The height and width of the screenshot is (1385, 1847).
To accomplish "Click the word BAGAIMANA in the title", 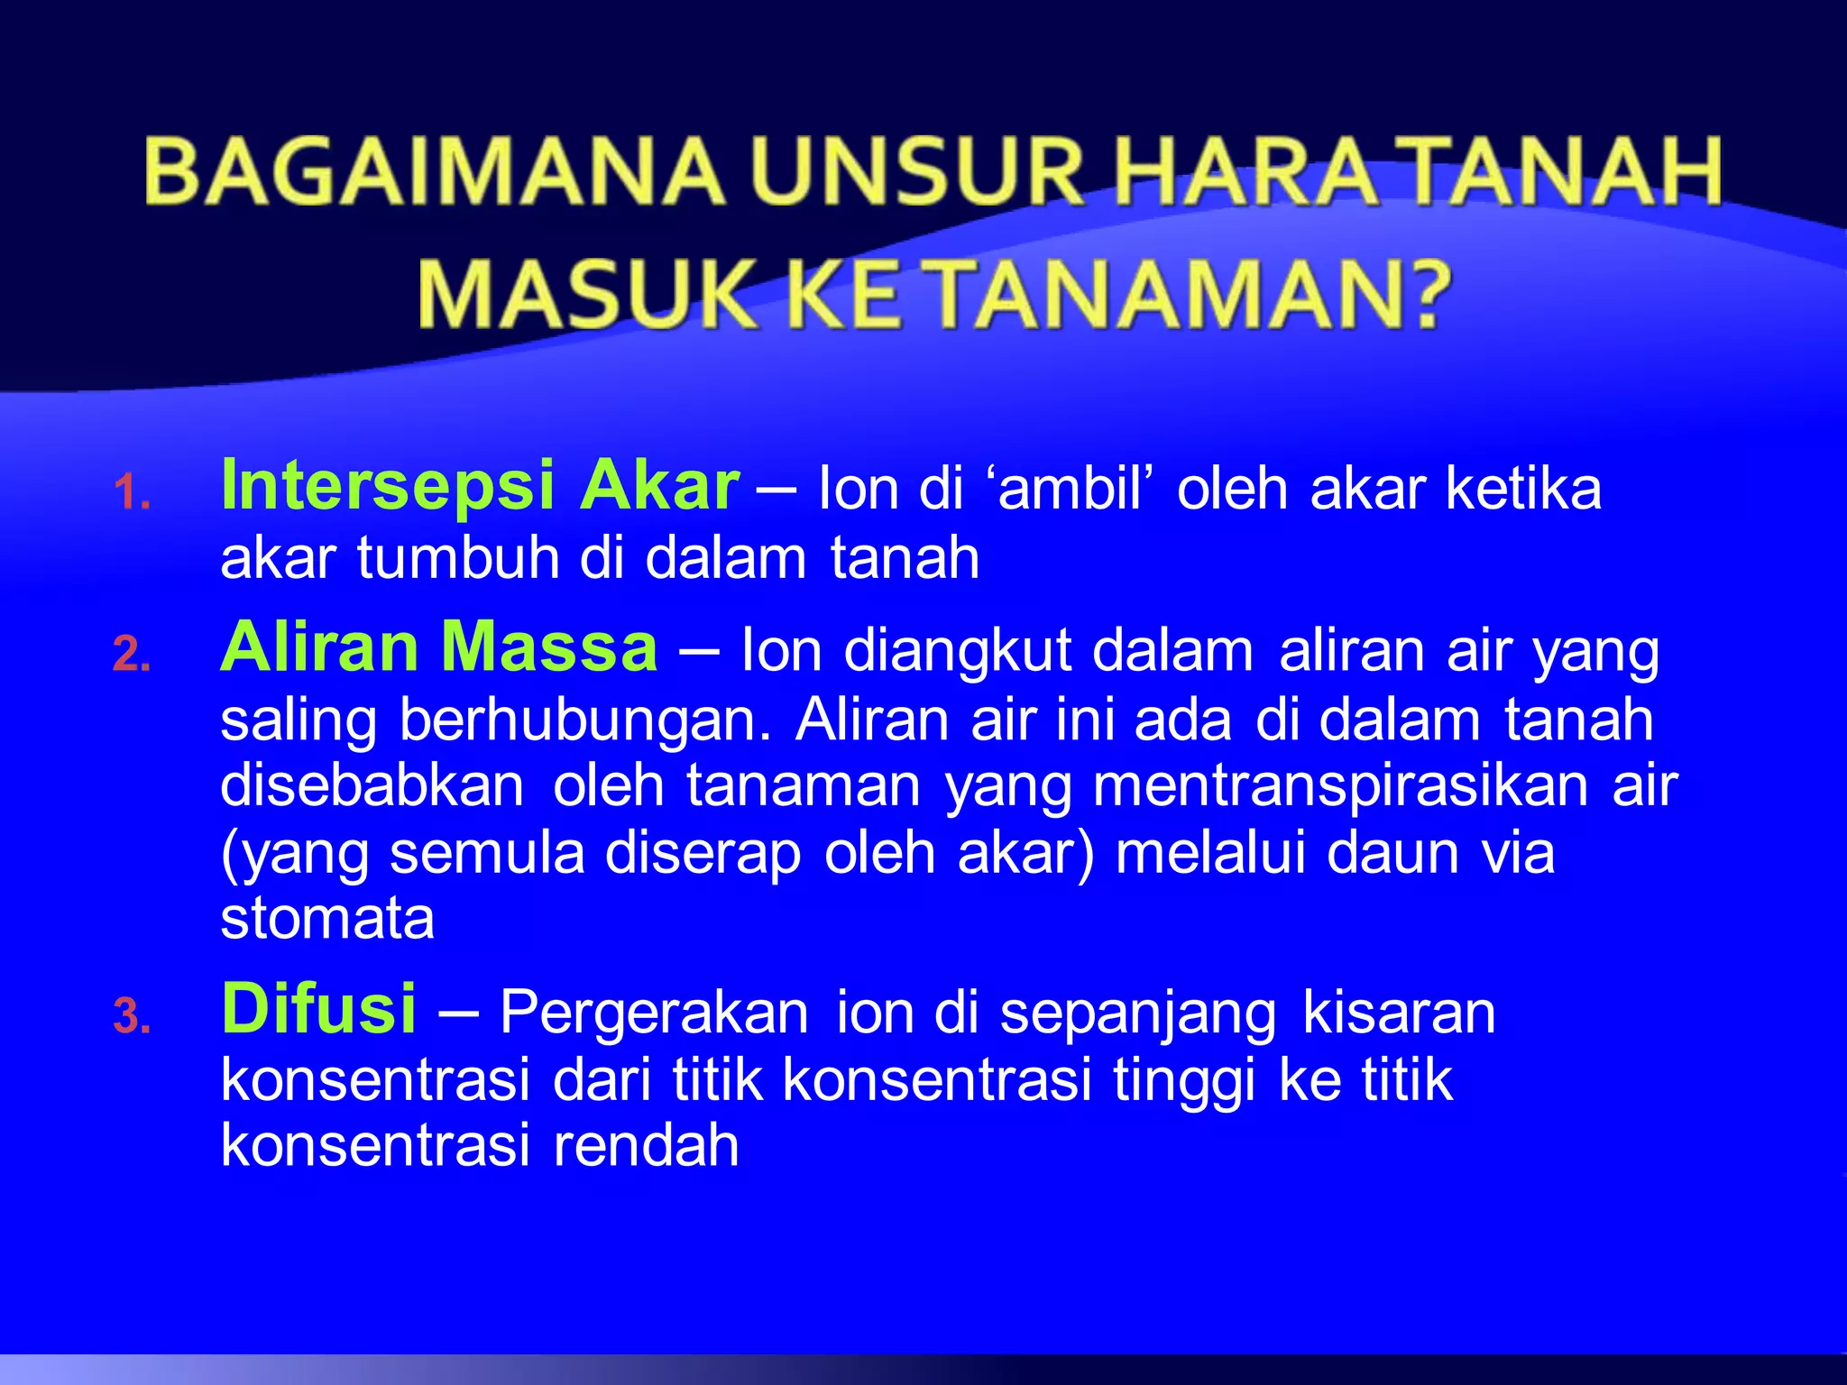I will pos(434,171).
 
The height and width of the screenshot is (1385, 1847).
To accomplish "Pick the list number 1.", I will pos(132,494).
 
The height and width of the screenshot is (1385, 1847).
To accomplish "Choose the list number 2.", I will pos(132,656).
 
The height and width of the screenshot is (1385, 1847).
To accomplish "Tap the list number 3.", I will pos(132,1017).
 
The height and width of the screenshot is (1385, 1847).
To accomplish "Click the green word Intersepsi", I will pos(388,486).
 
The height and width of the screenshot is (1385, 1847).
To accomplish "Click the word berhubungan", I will pos(585,720).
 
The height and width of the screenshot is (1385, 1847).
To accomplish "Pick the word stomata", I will pos(327,920).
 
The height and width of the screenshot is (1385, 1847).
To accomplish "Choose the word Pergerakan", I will pos(655,1013).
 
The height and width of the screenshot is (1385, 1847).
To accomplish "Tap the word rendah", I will pos(646,1146).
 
